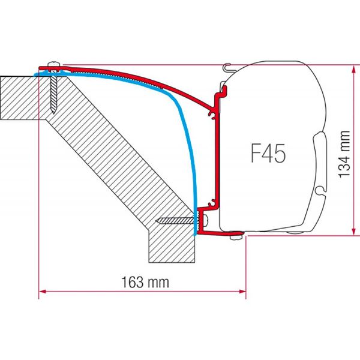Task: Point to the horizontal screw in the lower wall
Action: click(174, 221)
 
